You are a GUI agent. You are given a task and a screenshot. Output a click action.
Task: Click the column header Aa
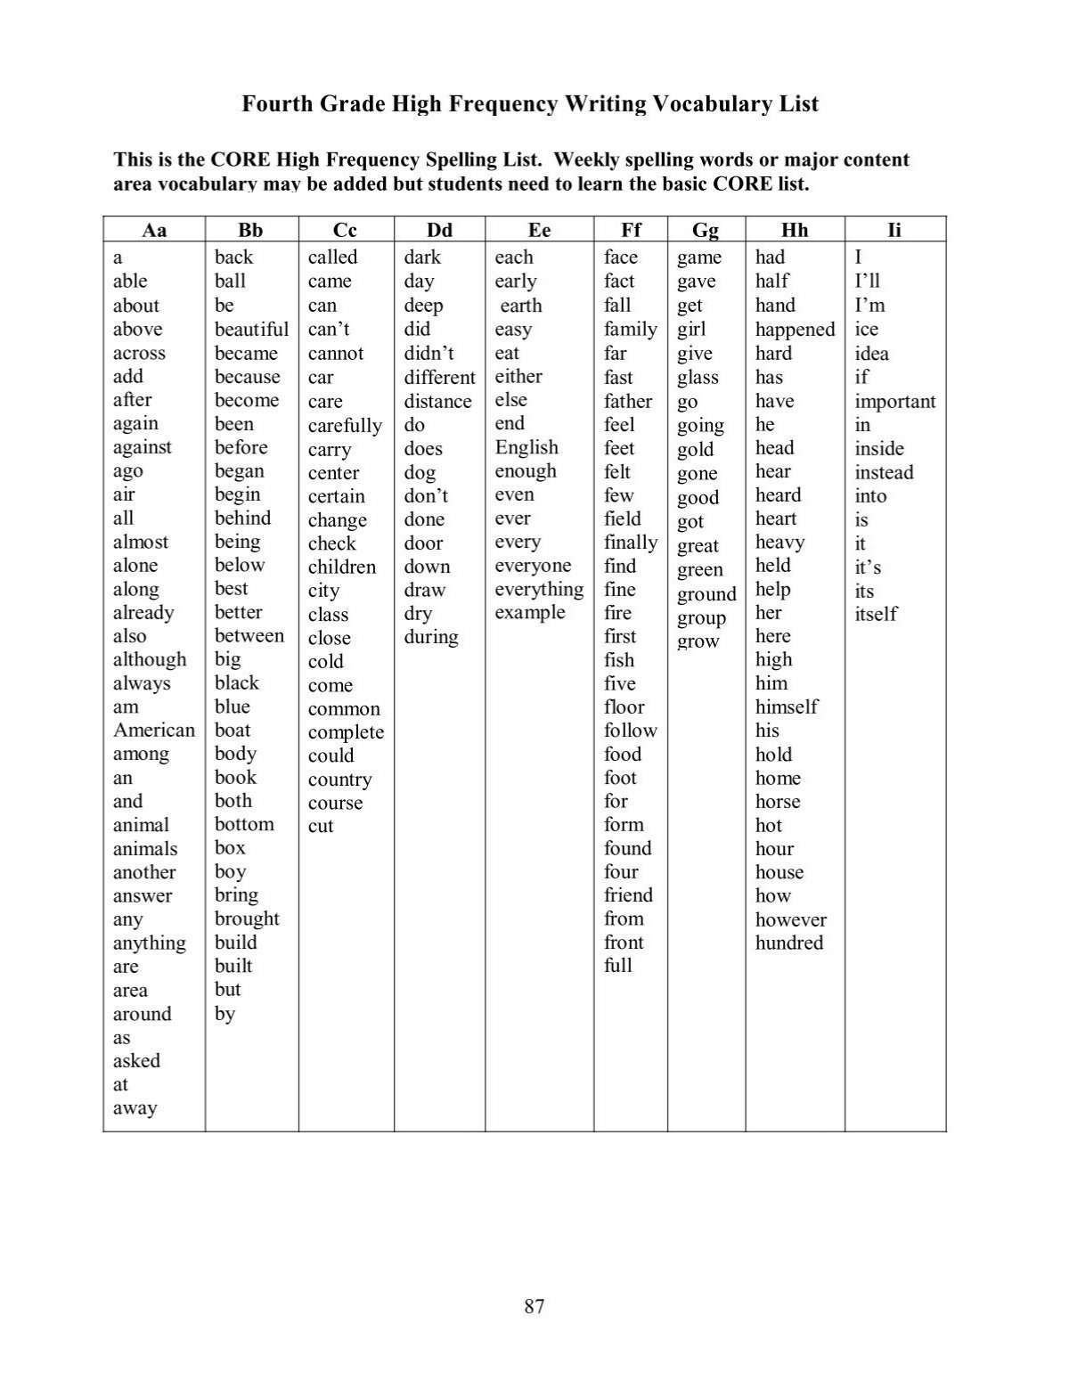point(154,230)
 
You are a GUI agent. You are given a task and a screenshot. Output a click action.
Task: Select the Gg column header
point(706,231)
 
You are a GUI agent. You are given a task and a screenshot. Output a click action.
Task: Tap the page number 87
point(534,1307)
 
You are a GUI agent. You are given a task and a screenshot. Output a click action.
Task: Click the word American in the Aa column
point(153,731)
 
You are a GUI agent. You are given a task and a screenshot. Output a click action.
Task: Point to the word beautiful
point(251,330)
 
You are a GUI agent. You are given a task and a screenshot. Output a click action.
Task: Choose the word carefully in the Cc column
point(345,426)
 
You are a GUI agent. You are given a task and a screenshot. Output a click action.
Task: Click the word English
point(526,447)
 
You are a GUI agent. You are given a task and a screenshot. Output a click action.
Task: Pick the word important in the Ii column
point(895,402)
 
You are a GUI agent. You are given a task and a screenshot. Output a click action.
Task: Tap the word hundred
point(789,943)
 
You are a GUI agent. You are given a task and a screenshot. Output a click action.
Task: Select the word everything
point(539,590)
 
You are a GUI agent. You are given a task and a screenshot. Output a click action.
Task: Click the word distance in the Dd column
point(437,402)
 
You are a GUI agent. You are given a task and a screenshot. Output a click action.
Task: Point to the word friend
point(628,895)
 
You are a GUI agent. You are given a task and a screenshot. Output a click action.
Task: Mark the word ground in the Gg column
point(706,595)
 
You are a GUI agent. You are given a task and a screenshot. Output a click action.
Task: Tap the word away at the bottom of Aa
point(135,1108)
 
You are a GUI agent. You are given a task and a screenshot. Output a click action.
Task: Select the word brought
point(247,919)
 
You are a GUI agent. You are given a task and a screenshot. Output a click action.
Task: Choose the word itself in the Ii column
point(876,614)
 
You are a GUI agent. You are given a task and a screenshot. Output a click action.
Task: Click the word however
point(791,919)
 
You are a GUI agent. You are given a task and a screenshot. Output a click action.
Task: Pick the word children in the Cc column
point(342,568)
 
